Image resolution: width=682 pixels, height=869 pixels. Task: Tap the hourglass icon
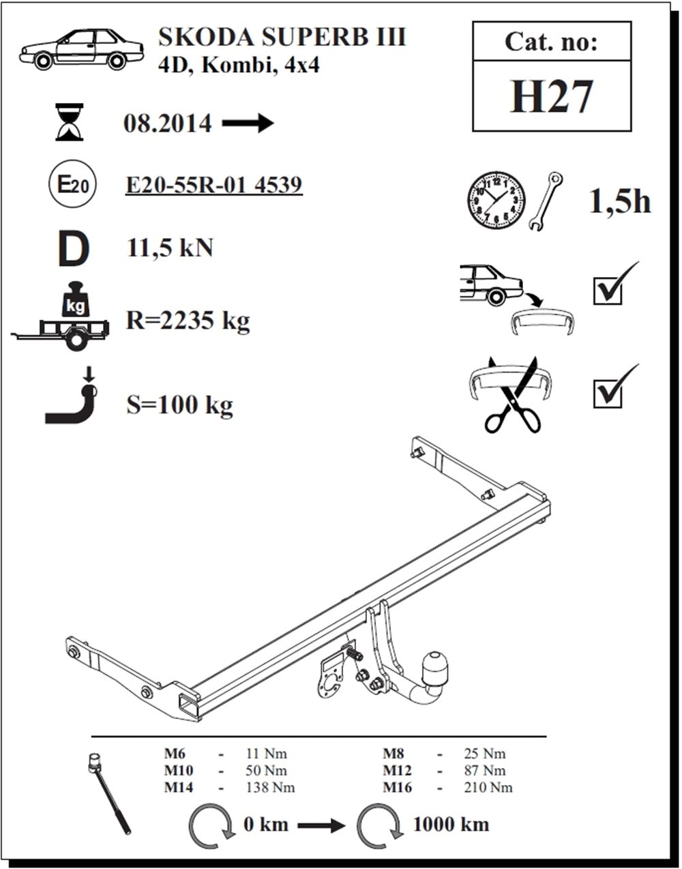pos(70,122)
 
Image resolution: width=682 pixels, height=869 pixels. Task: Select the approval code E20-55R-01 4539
pos(214,185)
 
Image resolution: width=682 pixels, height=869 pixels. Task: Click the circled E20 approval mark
pos(72,184)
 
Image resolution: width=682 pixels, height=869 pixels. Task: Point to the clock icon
pos(496,201)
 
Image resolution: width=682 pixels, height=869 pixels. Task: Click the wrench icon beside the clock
pos(546,201)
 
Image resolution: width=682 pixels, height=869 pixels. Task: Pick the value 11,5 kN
pos(170,248)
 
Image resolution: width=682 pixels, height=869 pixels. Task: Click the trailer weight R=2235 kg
pos(188,321)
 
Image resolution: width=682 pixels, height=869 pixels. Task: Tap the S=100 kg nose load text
pos(179,405)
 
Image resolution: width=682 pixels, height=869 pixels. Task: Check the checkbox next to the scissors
pos(608,394)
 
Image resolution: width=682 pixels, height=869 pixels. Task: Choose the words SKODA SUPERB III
pos(282,37)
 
